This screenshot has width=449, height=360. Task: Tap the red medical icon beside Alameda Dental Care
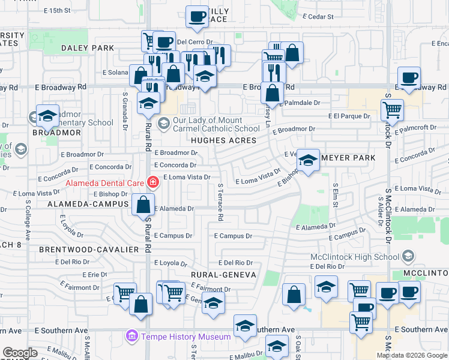coord(153,182)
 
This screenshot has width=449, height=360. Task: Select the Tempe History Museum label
coord(185,336)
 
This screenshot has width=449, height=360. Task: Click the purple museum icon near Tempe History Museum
coord(131,336)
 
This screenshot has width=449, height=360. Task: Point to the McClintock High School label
coord(354,257)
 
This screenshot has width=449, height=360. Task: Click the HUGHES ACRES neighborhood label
coord(224,140)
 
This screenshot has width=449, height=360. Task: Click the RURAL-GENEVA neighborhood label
coord(223,275)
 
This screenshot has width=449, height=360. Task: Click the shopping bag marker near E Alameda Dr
coord(144,205)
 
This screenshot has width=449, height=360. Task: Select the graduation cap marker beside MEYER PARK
coord(308,160)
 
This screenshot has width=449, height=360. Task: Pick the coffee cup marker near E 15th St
coord(196,17)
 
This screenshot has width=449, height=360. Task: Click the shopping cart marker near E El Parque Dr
coord(392,110)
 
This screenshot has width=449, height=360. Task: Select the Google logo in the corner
coord(20,353)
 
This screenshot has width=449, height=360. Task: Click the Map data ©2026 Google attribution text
coord(411,355)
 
